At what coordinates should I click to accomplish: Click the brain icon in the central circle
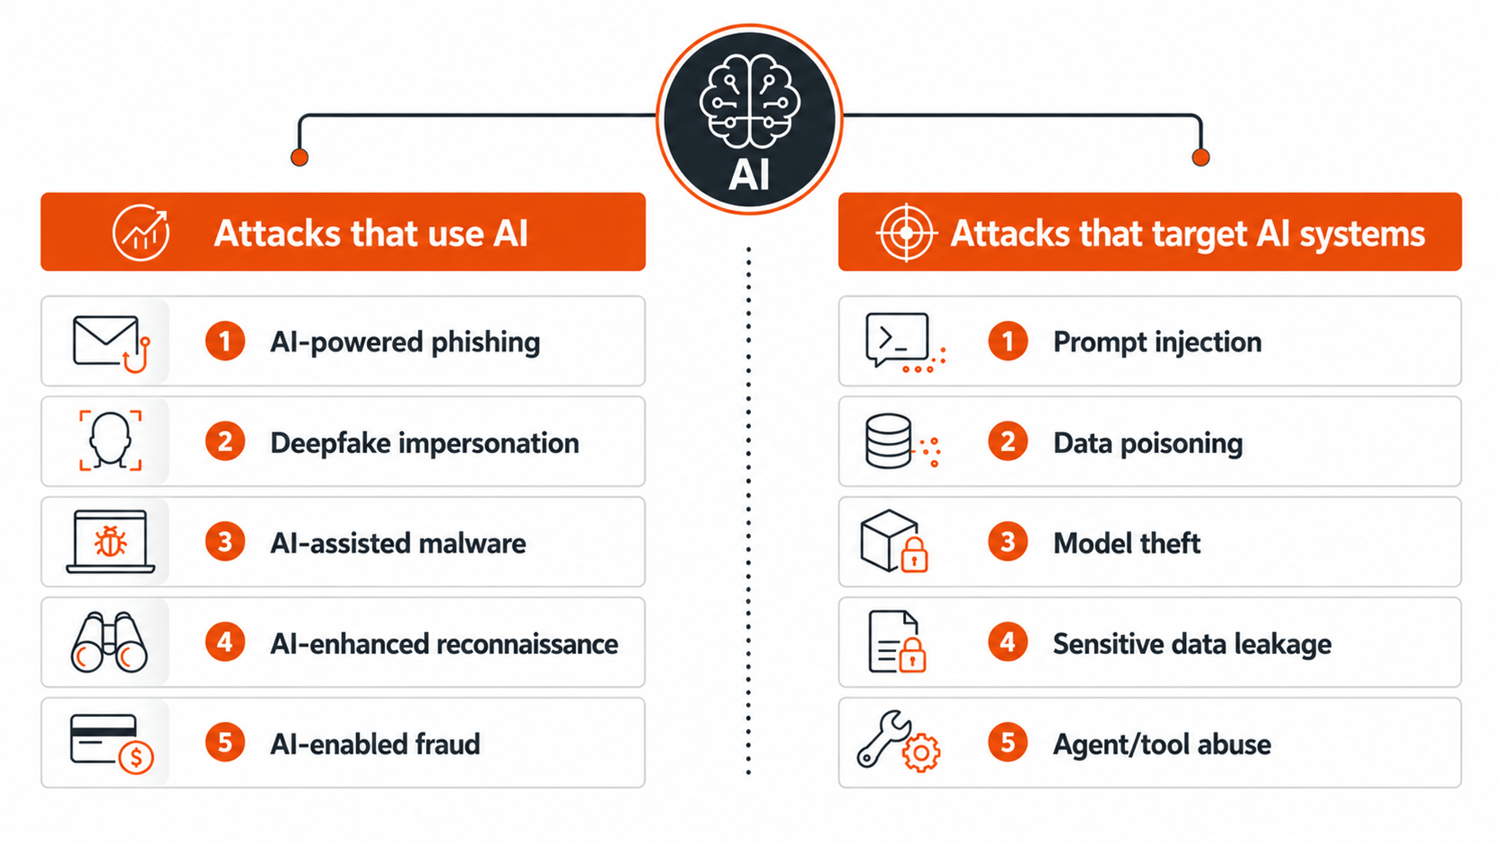[750, 102]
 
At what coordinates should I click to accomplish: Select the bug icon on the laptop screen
[111, 541]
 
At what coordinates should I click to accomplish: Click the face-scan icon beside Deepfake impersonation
[111, 440]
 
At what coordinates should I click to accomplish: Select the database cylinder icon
[888, 441]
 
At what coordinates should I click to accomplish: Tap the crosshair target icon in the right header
[906, 233]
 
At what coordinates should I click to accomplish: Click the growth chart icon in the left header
[141, 232]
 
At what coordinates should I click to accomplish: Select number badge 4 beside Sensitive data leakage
[1007, 642]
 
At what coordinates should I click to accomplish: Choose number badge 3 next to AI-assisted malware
[225, 542]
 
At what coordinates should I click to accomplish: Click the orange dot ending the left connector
[299, 157]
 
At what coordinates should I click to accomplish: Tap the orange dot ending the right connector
[1201, 157]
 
